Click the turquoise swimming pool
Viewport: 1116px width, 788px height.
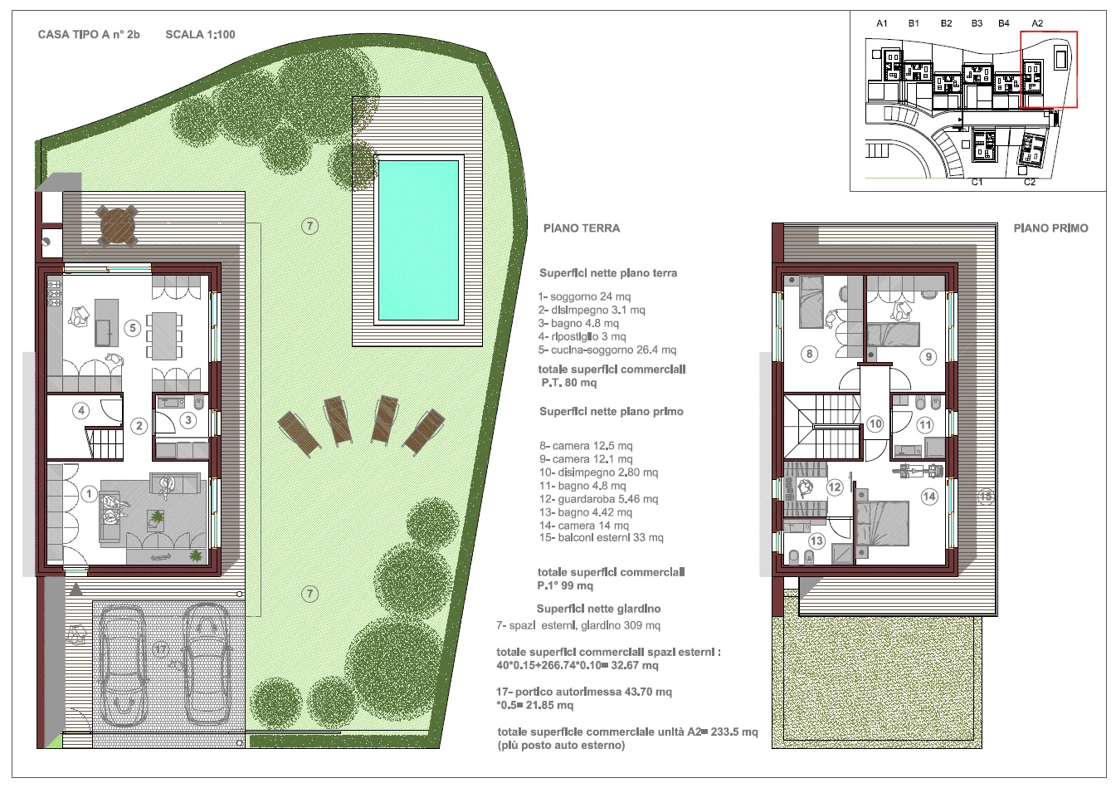click(x=418, y=240)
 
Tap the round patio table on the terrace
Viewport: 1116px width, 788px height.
click(x=117, y=226)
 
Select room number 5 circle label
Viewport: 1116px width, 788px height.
click(x=133, y=328)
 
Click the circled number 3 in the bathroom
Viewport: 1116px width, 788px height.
click(x=188, y=420)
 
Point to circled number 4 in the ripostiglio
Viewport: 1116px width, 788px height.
click(x=81, y=410)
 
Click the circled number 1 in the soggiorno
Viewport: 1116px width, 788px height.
click(x=89, y=494)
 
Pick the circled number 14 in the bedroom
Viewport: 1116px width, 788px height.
click(x=929, y=497)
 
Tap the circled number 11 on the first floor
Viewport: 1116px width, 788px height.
click(x=925, y=425)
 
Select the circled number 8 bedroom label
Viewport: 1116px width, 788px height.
click(x=809, y=354)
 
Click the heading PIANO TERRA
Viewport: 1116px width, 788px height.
click(x=582, y=228)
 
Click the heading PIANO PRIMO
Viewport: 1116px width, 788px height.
click(x=1050, y=228)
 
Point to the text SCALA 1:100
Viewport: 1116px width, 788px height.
click(x=200, y=34)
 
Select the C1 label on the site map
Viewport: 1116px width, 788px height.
click(x=977, y=182)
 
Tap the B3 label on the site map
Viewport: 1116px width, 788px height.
click(x=977, y=23)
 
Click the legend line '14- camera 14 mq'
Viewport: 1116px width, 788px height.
click(x=584, y=525)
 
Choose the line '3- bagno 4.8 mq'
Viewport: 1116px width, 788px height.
click(x=578, y=323)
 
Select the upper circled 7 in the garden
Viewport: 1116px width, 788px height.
click(x=309, y=227)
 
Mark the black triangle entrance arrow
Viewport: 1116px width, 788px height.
click(x=76, y=590)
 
